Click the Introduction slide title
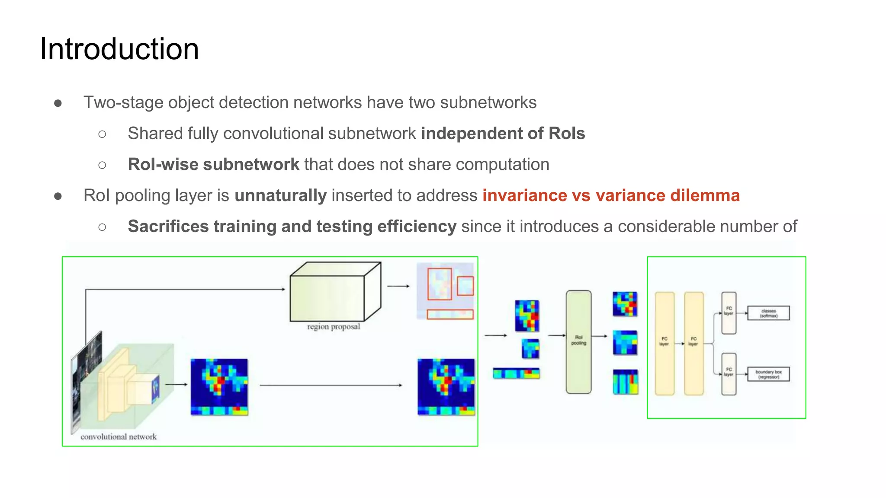[119, 49]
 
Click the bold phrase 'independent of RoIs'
[503, 133]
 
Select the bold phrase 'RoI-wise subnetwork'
[213, 164]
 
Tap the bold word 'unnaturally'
[280, 195]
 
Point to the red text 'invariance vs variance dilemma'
[611, 195]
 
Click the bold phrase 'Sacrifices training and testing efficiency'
[292, 227]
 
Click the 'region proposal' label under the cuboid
[334, 326]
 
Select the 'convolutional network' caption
[119, 437]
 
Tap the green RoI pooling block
[578, 342]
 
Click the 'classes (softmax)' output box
[768, 313]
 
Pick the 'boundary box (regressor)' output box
[768, 374]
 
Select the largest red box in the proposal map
[440, 284]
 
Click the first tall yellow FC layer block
[664, 343]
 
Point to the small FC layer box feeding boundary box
[729, 373]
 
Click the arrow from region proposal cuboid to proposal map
[398, 286]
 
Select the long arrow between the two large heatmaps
[331, 385]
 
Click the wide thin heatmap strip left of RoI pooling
[516, 373]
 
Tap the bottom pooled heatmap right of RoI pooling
[626, 382]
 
